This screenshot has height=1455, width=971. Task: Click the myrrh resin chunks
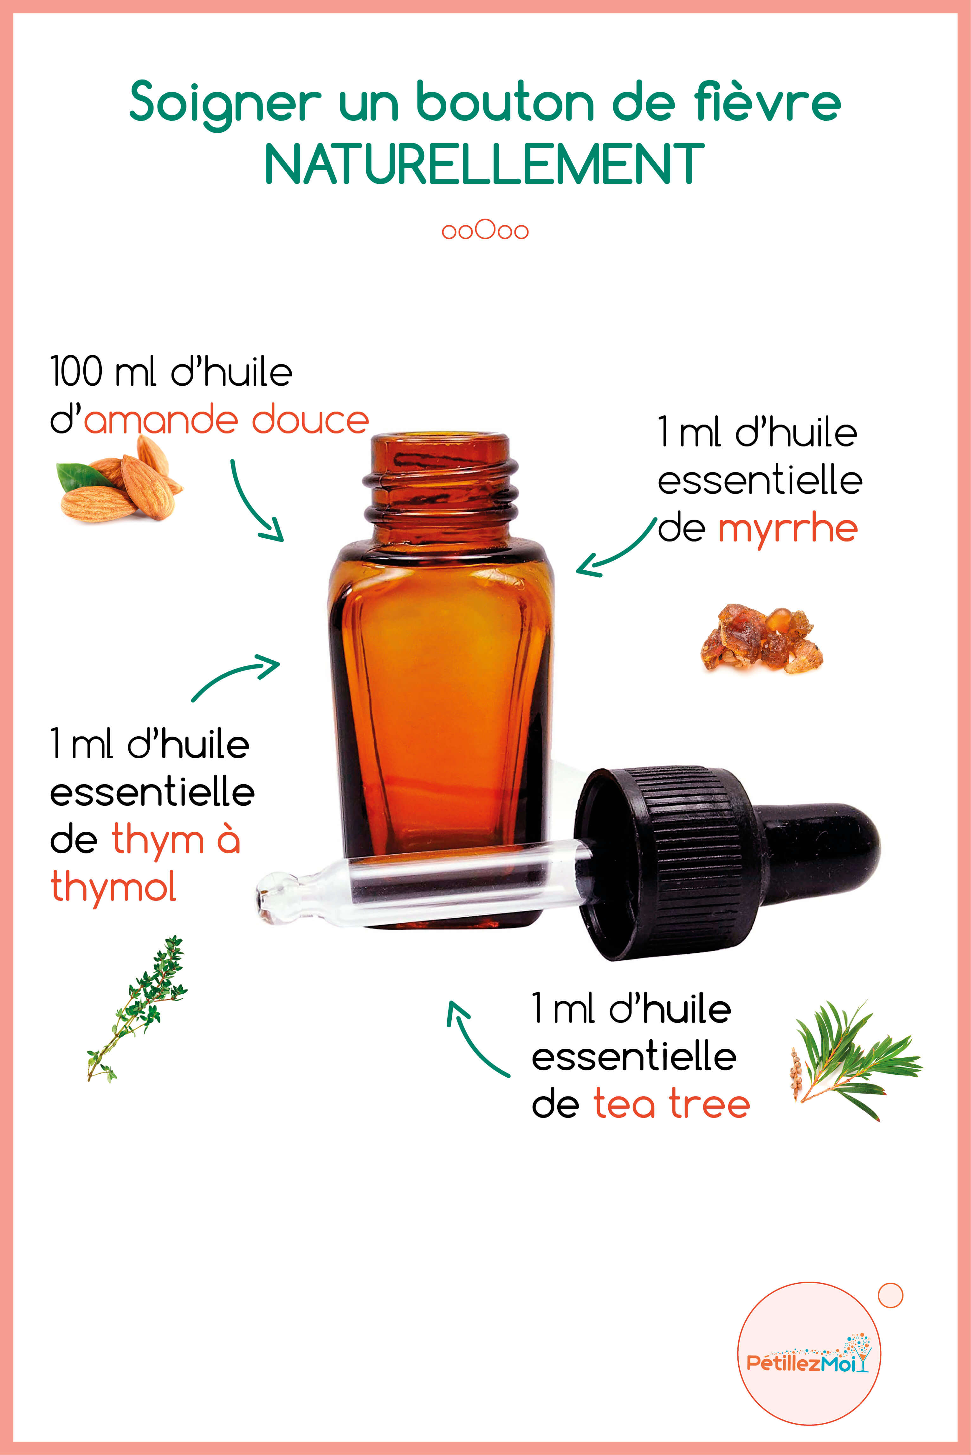[x=762, y=638]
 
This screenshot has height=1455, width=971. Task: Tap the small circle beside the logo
[x=890, y=1295]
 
